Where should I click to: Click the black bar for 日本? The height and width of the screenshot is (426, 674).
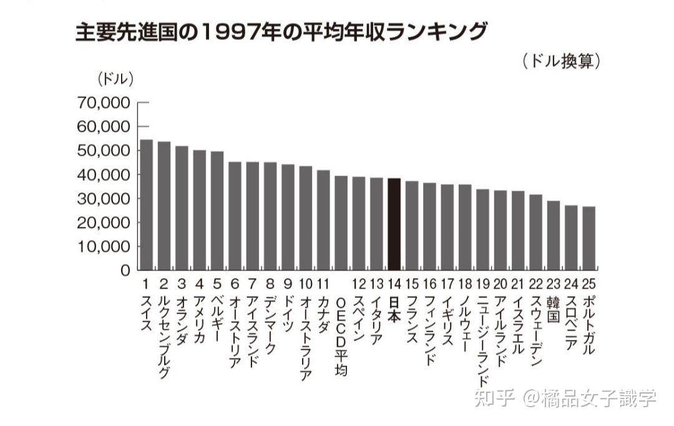click(394, 224)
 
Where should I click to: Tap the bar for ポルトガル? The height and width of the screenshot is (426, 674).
click(589, 238)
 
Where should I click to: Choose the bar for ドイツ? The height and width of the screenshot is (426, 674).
click(288, 217)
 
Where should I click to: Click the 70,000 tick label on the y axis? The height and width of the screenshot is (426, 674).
click(104, 102)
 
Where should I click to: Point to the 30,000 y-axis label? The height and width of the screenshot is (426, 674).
click(104, 199)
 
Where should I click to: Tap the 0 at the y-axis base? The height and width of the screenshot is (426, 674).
click(125, 270)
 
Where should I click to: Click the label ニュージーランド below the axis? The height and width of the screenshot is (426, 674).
click(482, 340)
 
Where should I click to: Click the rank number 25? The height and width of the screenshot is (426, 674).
click(589, 283)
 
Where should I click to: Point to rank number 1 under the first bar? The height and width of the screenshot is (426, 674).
click(145, 283)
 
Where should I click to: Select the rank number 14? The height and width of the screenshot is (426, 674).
click(394, 283)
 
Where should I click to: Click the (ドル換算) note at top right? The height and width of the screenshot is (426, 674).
click(560, 61)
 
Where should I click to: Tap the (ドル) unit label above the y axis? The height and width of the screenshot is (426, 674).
click(115, 79)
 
